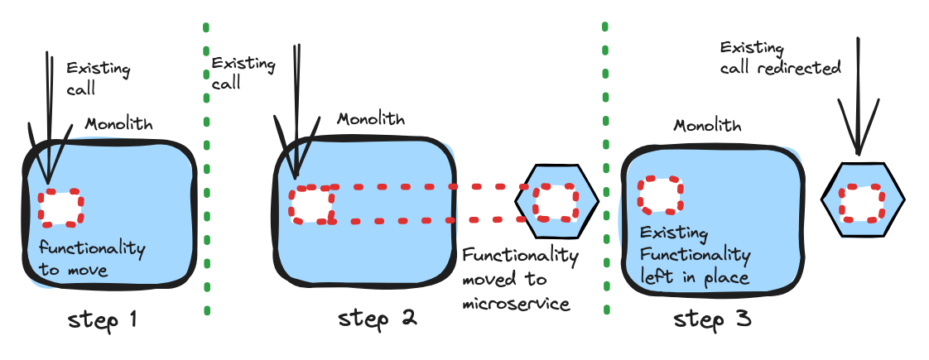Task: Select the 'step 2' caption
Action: pyautogui.click(x=378, y=317)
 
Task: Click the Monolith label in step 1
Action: pyautogui.click(x=119, y=124)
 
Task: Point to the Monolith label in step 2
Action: pyautogui.click(x=371, y=118)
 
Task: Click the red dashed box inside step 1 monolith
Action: pyautogui.click(x=61, y=207)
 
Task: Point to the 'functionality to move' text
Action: pyautogui.click(x=91, y=258)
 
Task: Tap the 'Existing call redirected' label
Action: pyautogui.click(x=779, y=58)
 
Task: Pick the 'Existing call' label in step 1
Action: pyautogui.click(x=96, y=77)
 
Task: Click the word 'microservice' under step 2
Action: pyautogui.click(x=516, y=304)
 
